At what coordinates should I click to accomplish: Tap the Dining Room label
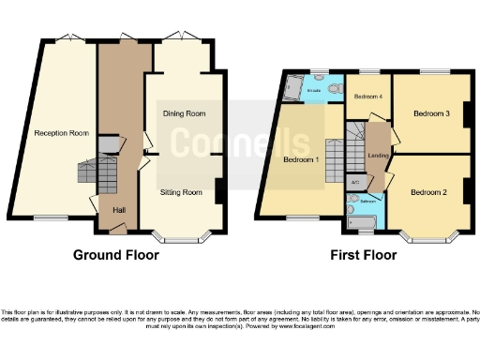point(185,113)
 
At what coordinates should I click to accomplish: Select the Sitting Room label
point(181,191)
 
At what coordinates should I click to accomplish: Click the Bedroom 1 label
point(301,159)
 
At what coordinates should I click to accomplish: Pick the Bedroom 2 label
point(430,191)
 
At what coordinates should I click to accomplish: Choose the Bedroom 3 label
point(431,113)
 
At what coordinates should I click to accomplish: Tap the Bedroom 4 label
point(367,97)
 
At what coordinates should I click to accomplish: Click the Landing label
point(380,156)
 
